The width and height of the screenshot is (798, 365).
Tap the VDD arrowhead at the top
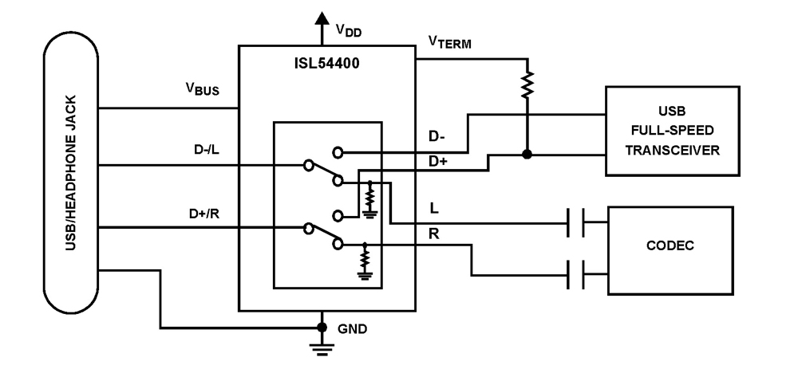[x=322, y=19]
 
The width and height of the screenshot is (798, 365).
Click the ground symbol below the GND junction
[x=322, y=347]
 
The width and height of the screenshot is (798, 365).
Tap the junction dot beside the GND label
[x=322, y=328]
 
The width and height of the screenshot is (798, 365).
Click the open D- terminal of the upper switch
[x=338, y=151]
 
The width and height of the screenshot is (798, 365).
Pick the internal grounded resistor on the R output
[x=365, y=259]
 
